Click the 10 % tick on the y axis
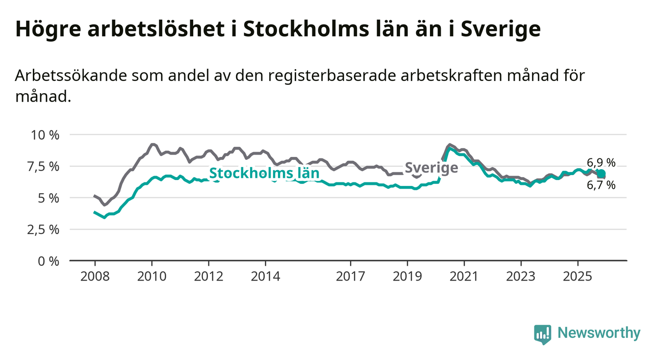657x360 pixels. tap(45, 135)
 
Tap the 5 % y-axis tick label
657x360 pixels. tap(49, 198)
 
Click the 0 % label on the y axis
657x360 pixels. tap(49, 261)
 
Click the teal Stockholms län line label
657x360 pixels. tap(264, 173)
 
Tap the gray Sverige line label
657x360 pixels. tap(431, 168)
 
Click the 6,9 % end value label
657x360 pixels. tap(601, 163)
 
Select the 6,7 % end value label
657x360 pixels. tap(601, 185)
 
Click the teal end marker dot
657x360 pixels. tap(601, 174)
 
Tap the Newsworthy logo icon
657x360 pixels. tap(542, 334)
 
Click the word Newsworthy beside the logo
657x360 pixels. tap(599, 334)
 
